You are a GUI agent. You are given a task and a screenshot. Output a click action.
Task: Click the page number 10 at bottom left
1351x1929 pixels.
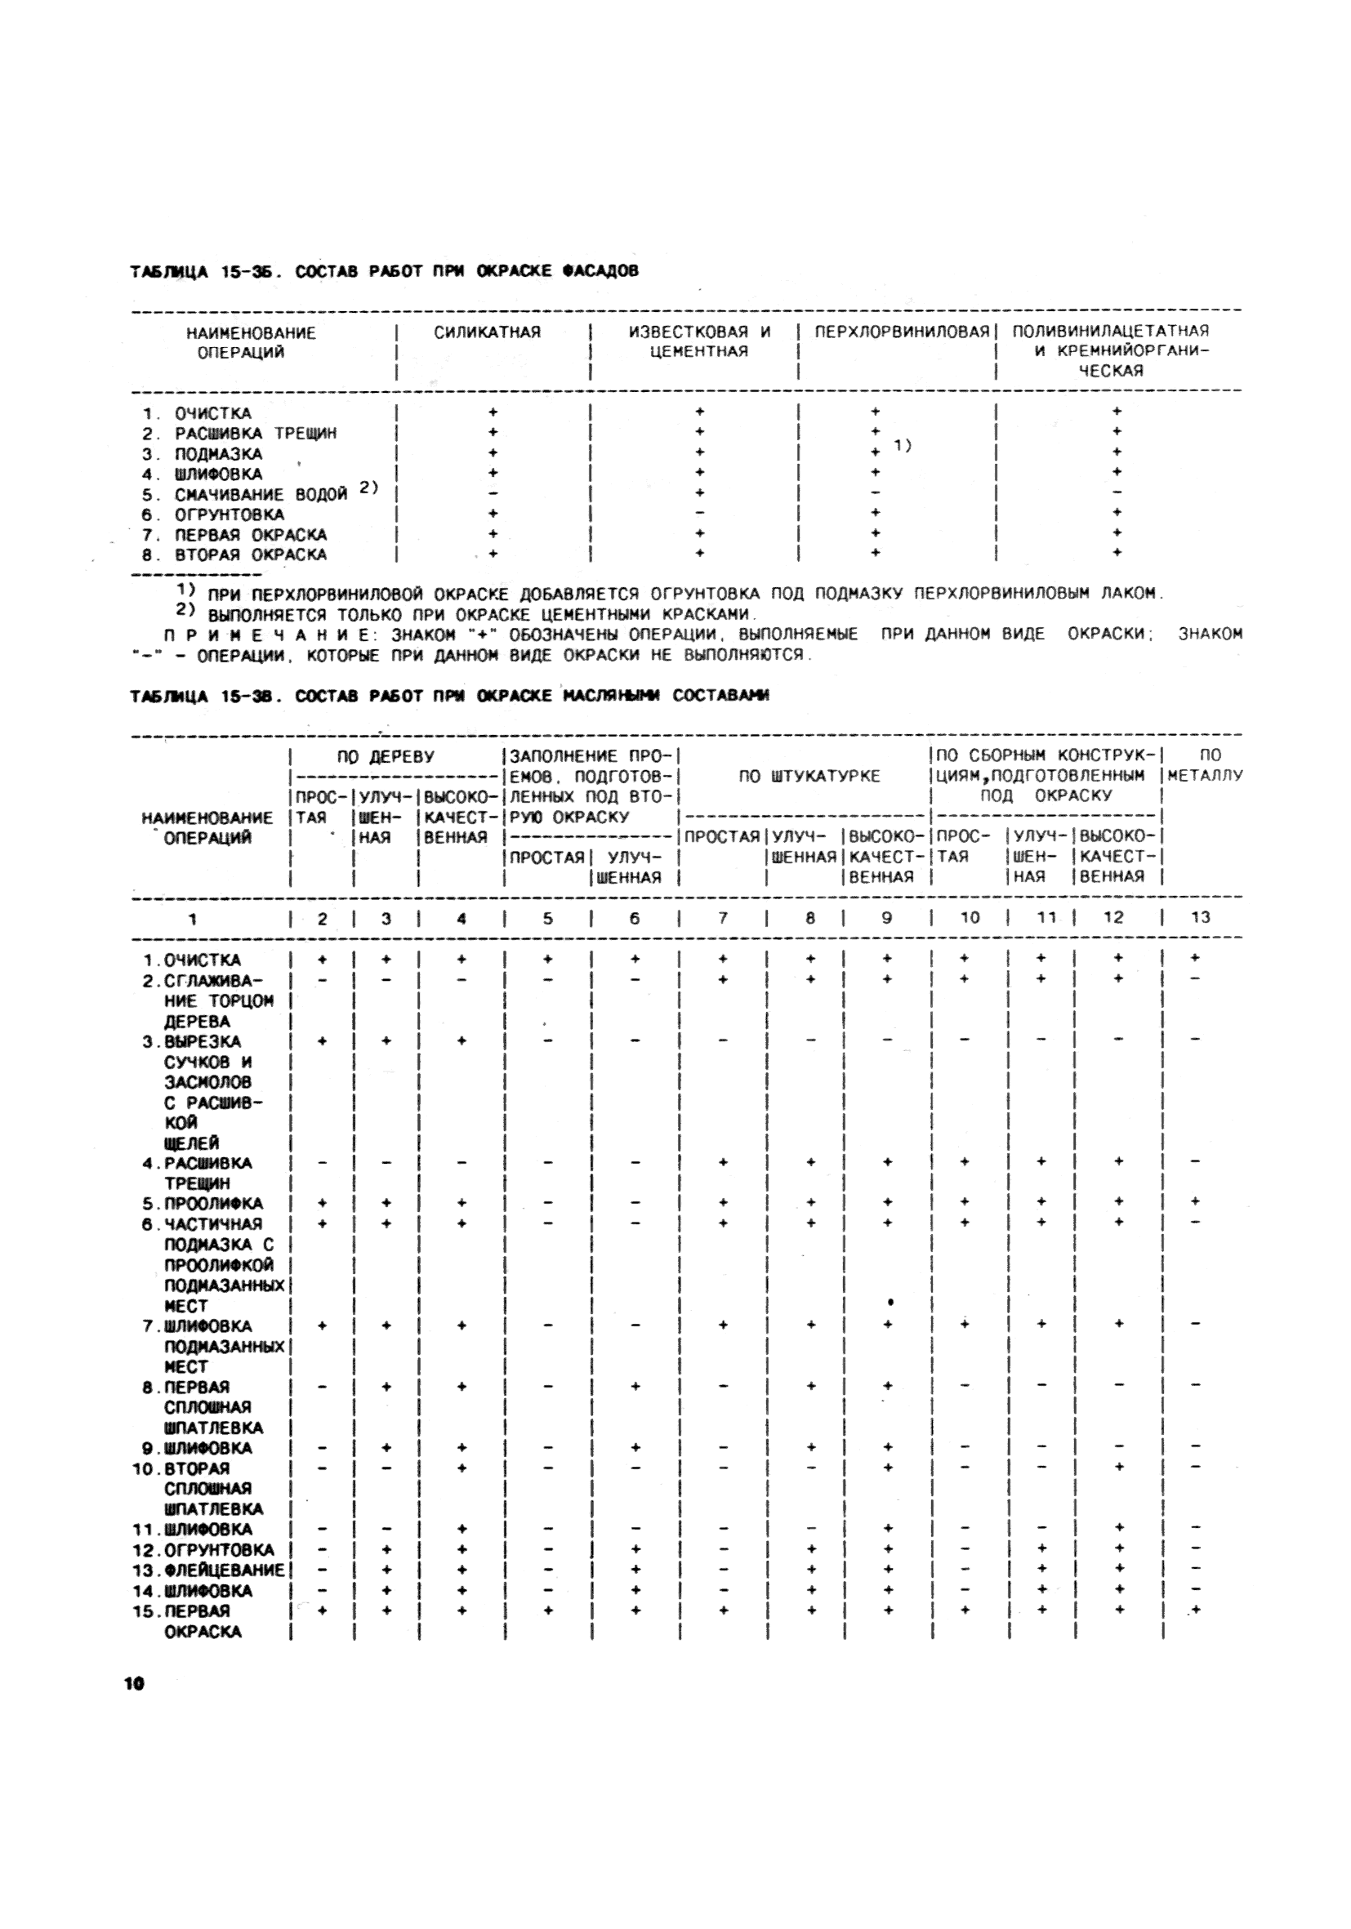135,1683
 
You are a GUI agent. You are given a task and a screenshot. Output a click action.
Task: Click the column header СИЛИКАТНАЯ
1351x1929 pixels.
488,332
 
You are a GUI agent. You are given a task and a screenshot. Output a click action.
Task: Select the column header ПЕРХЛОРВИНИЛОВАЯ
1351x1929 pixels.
902,332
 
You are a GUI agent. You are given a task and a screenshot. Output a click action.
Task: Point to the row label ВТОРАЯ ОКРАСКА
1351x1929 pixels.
249,555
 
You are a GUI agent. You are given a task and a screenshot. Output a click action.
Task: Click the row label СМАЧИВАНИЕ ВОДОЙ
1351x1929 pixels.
261,494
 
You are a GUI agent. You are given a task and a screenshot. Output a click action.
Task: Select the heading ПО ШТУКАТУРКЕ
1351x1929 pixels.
809,777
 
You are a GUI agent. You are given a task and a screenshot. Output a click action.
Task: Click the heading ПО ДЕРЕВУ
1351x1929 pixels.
386,756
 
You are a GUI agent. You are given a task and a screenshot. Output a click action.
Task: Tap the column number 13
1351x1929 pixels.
1200,917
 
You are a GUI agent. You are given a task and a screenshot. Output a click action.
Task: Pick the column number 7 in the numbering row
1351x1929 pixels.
723,917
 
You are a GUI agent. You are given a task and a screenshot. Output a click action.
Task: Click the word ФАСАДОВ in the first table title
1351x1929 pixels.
600,270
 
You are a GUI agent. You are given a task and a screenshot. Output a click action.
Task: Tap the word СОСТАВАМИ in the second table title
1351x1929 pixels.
721,695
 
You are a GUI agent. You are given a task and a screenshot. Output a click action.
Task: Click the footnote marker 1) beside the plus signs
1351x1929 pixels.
903,444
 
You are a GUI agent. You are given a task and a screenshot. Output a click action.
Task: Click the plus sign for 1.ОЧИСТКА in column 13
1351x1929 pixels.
1195,958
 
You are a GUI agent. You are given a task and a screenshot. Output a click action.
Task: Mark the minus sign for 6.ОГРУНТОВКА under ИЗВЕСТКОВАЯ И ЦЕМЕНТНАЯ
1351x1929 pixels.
699,513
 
